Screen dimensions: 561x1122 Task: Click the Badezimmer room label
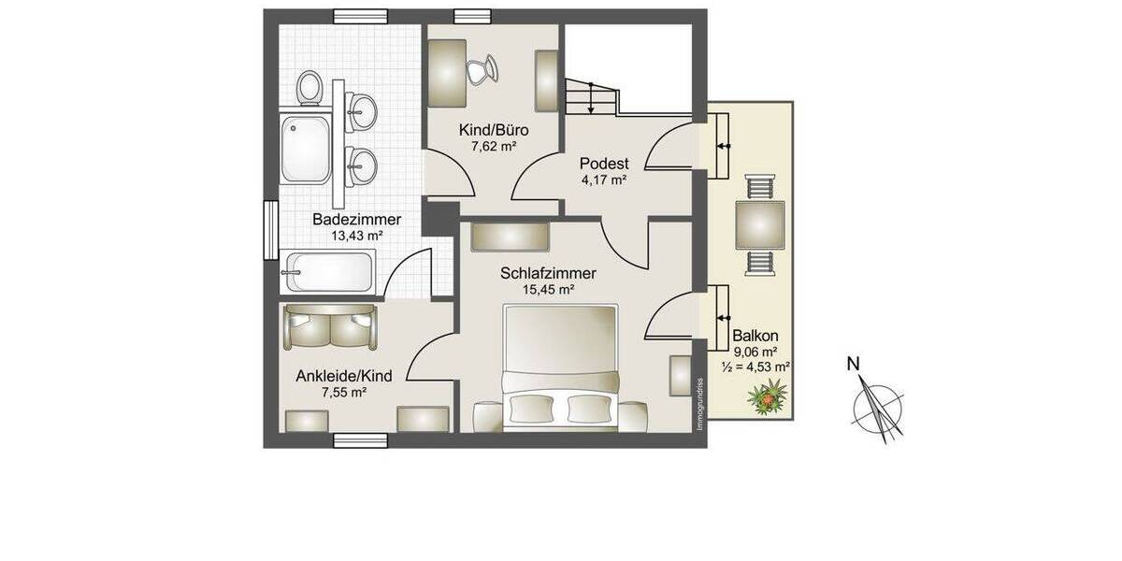(356, 220)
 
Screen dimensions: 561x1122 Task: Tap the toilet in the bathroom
(309, 88)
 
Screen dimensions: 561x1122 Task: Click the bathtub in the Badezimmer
(329, 272)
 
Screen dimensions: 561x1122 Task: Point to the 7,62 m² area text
(495, 146)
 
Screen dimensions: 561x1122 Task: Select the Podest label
(602, 164)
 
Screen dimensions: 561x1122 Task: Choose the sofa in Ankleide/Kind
(329, 328)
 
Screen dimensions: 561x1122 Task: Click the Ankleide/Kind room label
(343, 376)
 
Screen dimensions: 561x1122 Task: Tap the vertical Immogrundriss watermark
(698, 403)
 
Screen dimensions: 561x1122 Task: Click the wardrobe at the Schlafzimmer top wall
(511, 237)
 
